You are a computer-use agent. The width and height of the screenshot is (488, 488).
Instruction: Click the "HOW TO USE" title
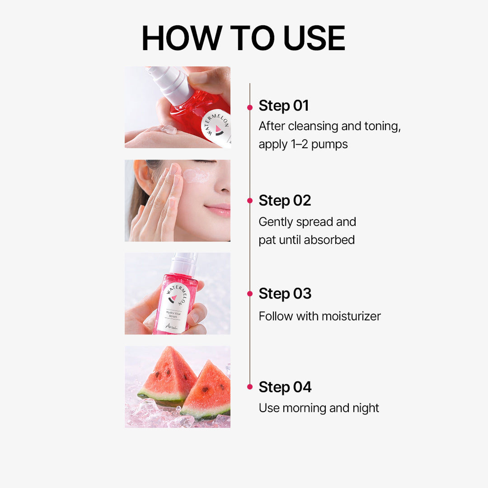click(x=244, y=38)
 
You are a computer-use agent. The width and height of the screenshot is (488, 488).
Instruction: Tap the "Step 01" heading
click(x=283, y=106)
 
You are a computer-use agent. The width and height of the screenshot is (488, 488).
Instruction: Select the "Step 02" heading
click(x=285, y=201)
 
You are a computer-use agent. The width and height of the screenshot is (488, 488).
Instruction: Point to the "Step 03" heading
click(x=285, y=294)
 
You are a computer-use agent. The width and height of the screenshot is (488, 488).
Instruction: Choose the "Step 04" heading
click(x=285, y=387)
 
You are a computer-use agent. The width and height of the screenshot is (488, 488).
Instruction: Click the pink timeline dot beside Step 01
click(x=250, y=108)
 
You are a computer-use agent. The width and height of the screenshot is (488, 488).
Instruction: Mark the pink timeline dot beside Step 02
click(x=250, y=201)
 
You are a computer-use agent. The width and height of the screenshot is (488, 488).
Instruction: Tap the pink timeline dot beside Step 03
click(x=250, y=294)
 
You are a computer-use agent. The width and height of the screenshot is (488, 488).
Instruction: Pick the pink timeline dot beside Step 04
click(x=250, y=387)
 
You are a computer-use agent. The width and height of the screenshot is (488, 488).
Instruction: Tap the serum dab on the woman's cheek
click(x=196, y=176)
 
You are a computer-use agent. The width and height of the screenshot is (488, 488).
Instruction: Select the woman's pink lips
click(x=219, y=209)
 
